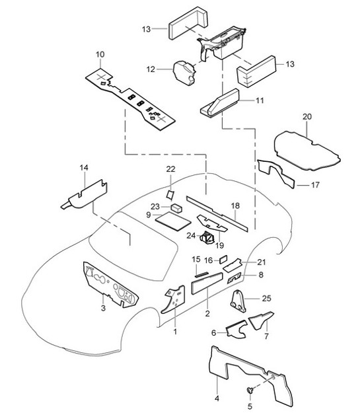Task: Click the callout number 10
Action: pos(100,54)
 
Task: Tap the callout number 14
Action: pos(83,169)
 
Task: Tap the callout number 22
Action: pos(170,169)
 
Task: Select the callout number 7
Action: pos(266,337)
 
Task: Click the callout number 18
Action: pos(234,206)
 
